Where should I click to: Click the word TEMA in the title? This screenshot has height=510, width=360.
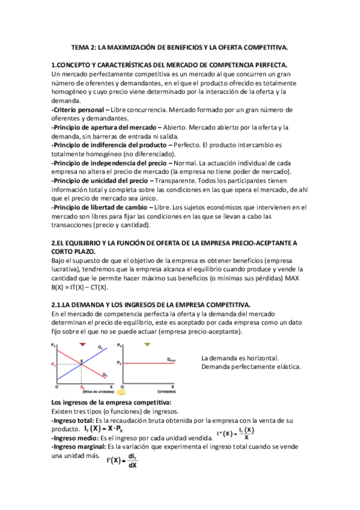click(81, 48)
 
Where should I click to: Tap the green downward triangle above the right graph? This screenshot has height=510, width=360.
click(147, 344)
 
